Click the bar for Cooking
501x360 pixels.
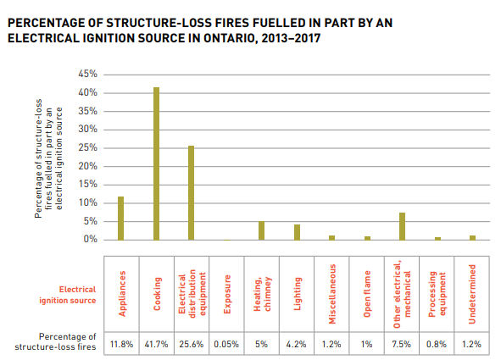(x=156, y=163)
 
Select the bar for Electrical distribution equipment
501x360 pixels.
(x=191, y=193)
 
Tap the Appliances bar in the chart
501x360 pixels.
(x=120, y=219)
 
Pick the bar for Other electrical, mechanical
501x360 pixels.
(x=403, y=226)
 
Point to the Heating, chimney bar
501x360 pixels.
(x=261, y=230)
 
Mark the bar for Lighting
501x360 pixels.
(x=298, y=232)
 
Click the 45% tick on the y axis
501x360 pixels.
(x=87, y=74)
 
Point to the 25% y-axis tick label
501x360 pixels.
(x=87, y=147)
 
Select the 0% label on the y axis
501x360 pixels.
(x=90, y=240)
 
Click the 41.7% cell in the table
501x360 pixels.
(x=156, y=344)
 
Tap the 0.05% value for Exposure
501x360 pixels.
(x=226, y=344)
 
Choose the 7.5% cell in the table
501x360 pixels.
(x=402, y=344)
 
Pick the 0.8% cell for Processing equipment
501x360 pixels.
(x=437, y=344)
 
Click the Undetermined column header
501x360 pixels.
(x=472, y=294)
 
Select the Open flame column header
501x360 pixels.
(x=367, y=294)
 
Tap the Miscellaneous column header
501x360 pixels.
(x=332, y=294)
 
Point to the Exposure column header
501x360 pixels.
(x=227, y=294)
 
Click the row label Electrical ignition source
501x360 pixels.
(x=68, y=295)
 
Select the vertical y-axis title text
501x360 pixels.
(x=48, y=158)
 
